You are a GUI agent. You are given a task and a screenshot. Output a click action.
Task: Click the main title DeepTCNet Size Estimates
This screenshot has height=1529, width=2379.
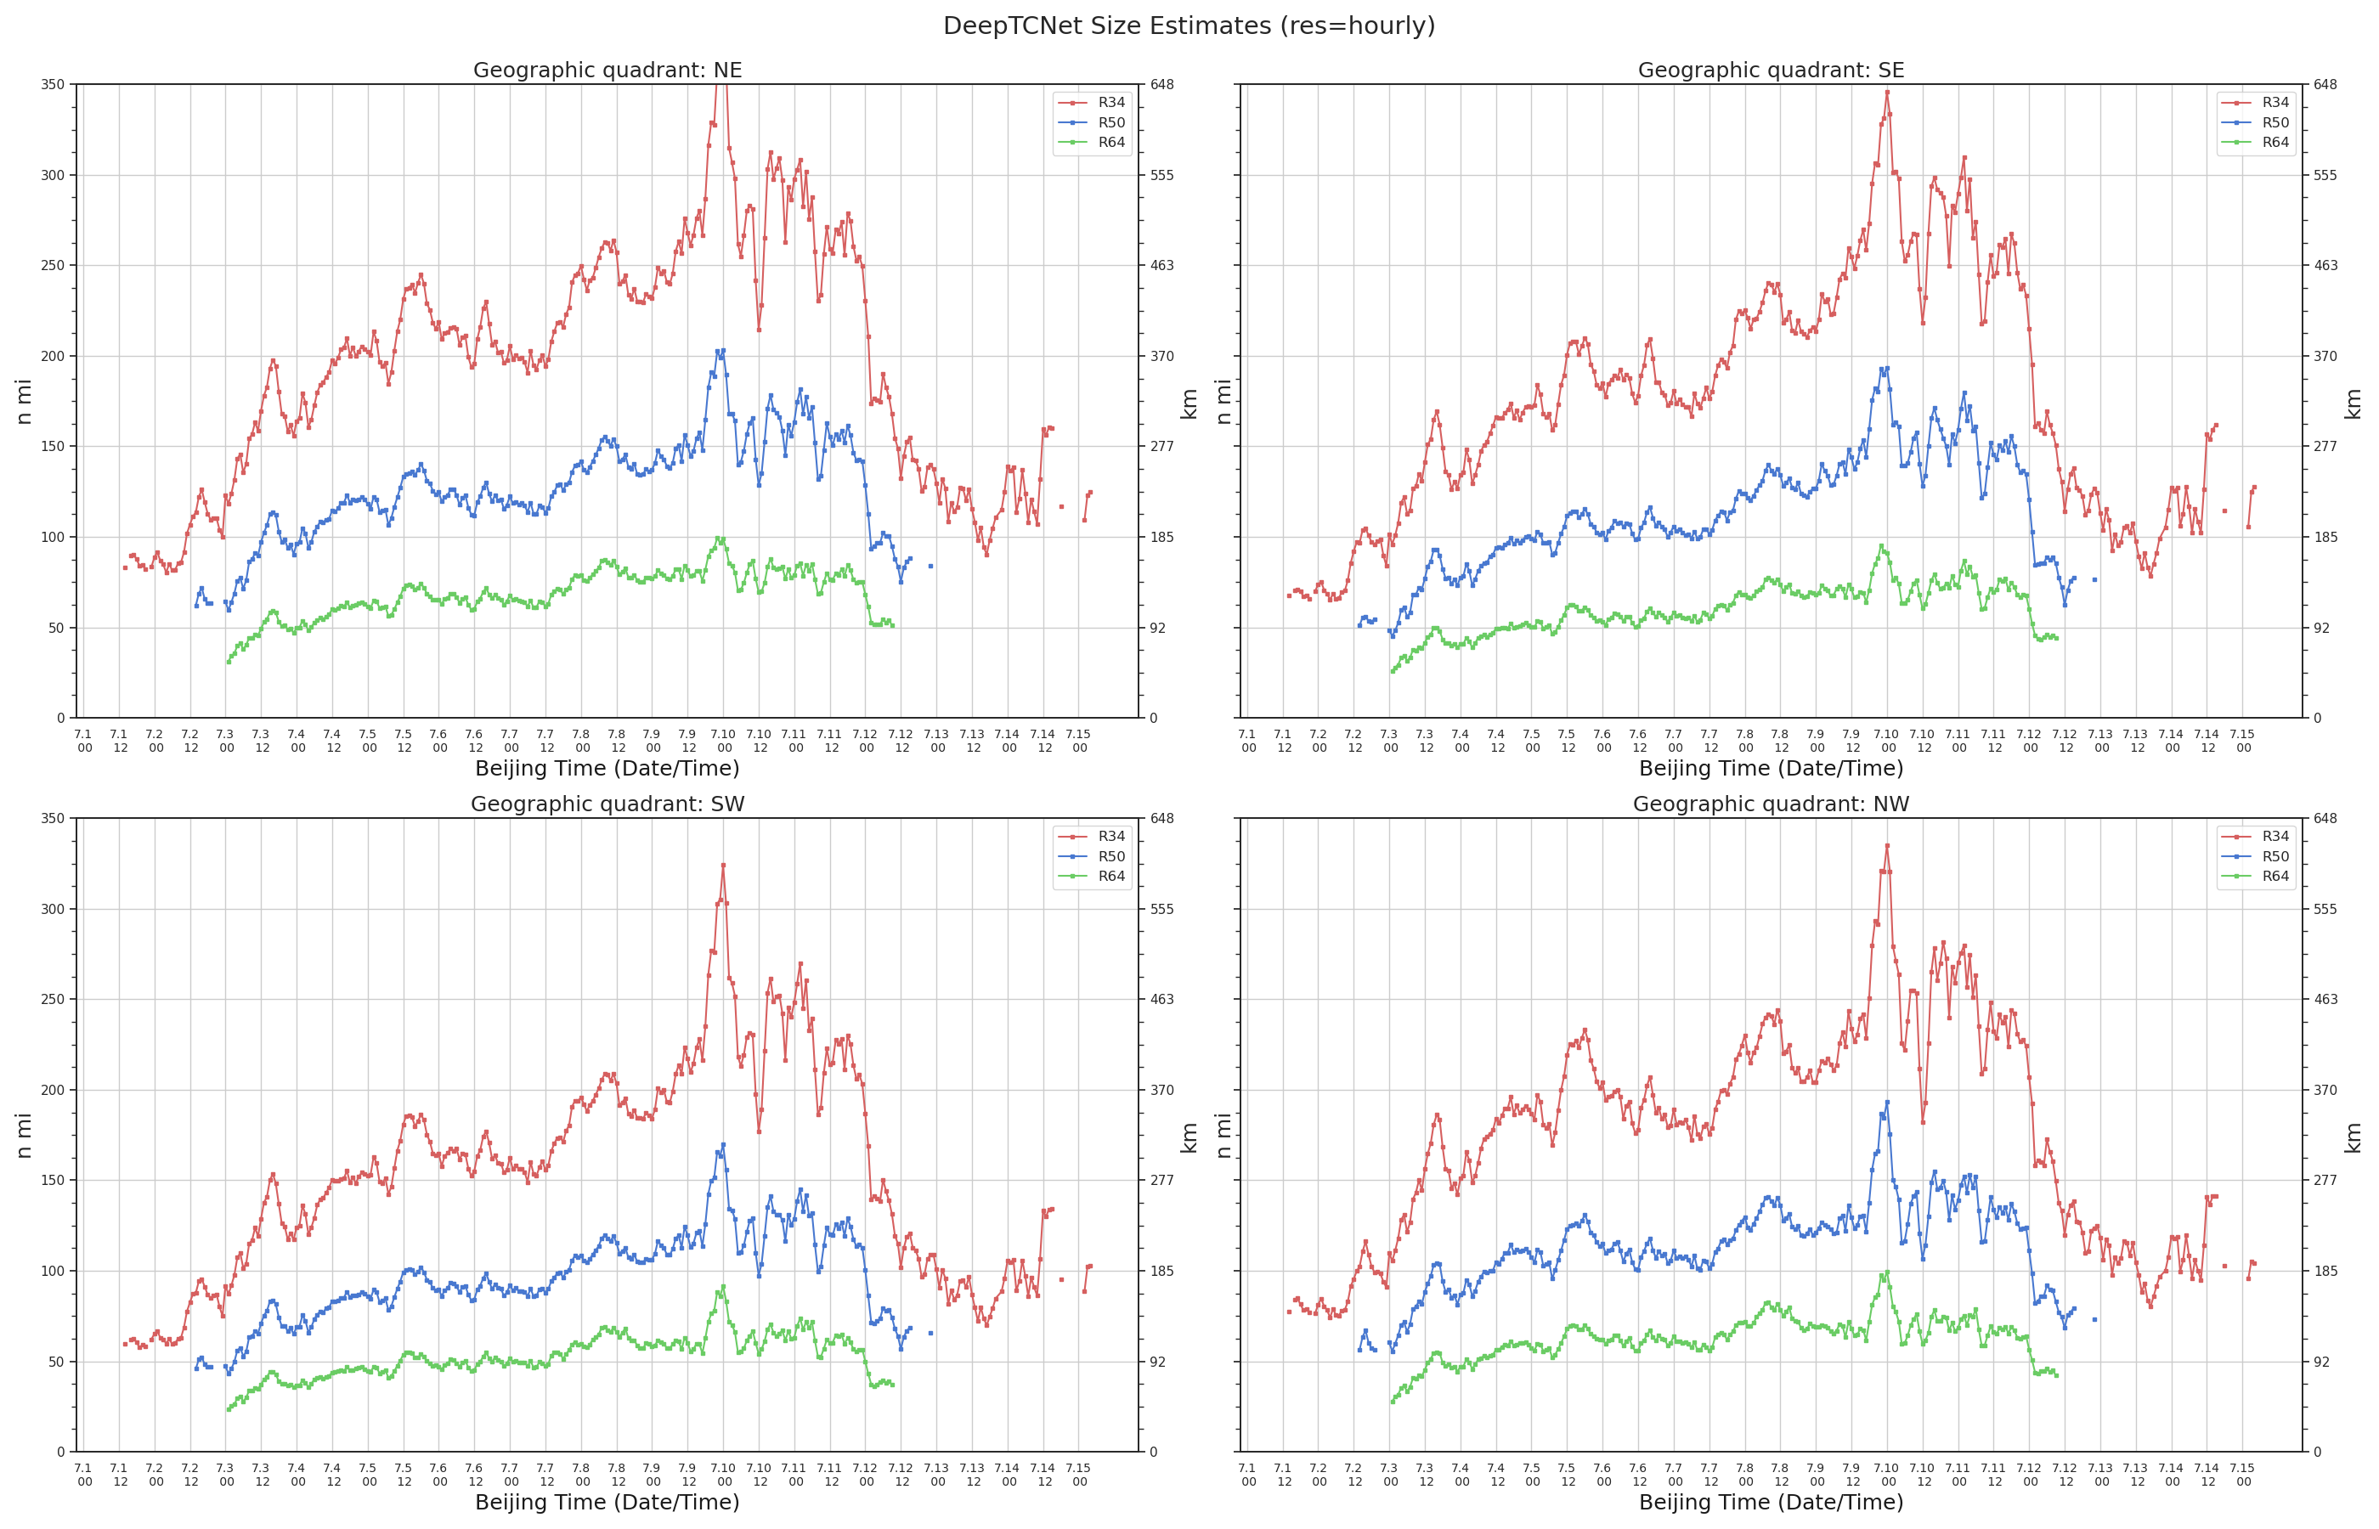pyautogui.click(x=1189, y=25)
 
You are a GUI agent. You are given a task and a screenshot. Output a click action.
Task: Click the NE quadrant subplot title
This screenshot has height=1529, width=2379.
pyautogui.click(x=607, y=71)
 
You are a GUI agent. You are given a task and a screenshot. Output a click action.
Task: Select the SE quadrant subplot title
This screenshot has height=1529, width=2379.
pyautogui.click(x=1771, y=71)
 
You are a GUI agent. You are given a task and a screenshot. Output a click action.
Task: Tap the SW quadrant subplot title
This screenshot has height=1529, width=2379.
pyautogui.click(x=607, y=804)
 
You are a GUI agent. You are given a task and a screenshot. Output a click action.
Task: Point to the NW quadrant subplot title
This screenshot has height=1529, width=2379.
pyautogui.click(x=1771, y=804)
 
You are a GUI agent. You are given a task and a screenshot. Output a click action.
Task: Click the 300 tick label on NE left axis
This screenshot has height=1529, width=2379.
pyautogui.click(x=53, y=176)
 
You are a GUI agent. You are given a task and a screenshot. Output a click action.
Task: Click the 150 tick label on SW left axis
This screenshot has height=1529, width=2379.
pyautogui.click(x=53, y=1181)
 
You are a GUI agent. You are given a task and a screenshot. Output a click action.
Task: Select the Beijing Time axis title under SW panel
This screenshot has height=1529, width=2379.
pyautogui.click(x=607, y=1502)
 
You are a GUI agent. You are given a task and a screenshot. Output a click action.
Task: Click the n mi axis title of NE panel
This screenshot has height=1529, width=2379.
pyautogui.click(x=25, y=401)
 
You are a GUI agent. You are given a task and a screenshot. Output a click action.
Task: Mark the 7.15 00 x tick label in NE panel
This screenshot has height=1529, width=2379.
pyautogui.click(x=1078, y=741)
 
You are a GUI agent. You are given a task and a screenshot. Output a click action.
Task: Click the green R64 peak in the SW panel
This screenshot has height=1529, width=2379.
pyautogui.click(x=723, y=1286)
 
